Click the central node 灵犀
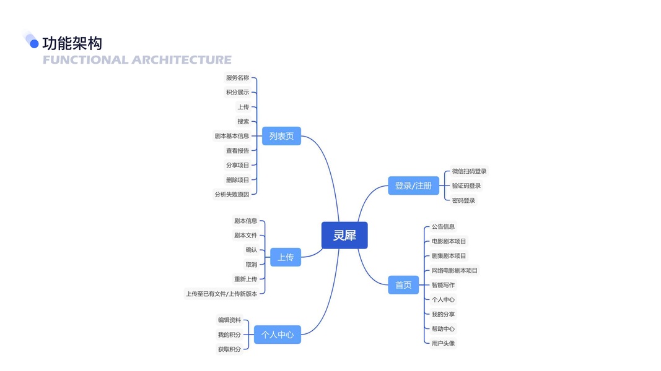(344, 235)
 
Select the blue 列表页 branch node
(281, 136)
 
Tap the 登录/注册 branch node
(413, 185)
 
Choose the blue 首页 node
(403, 285)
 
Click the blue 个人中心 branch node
(277, 335)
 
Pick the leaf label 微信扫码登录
(469, 171)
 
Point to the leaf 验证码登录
(466, 185)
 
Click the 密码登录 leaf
(463, 200)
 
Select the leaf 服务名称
(237, 78)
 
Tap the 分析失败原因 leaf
(232, 194)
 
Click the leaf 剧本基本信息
(232, 136)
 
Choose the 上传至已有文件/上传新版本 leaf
(221, 294)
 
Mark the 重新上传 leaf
(245, 279)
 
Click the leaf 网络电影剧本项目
(455, 270)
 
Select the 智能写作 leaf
(443, 285)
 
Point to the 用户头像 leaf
(443, 343)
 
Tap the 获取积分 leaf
(229, 349)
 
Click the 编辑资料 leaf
(229, 320)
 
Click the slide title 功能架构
(72, 43)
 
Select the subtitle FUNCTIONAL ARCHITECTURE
(137, 60)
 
